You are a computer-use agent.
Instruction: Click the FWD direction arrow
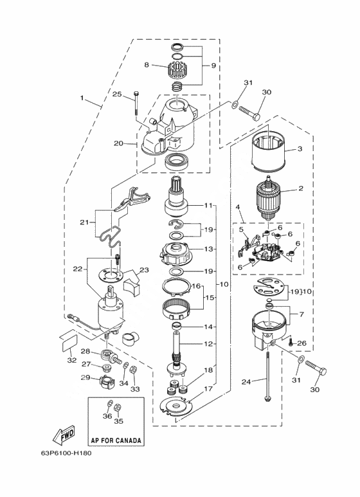[64, 434]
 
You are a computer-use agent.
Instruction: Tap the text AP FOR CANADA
[116, 440]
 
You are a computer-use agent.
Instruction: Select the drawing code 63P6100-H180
[66, 453]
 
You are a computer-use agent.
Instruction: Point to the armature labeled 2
[268, 197]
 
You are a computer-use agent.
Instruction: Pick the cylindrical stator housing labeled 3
[269, 146]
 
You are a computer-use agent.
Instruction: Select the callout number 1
[82, 98]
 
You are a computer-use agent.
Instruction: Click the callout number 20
[118, 143]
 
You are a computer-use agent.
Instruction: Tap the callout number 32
[72, 360]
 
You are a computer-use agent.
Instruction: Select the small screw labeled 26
[291, 342]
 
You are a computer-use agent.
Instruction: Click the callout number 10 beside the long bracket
[224, 284]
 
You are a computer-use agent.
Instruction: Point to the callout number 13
[208, 249]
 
